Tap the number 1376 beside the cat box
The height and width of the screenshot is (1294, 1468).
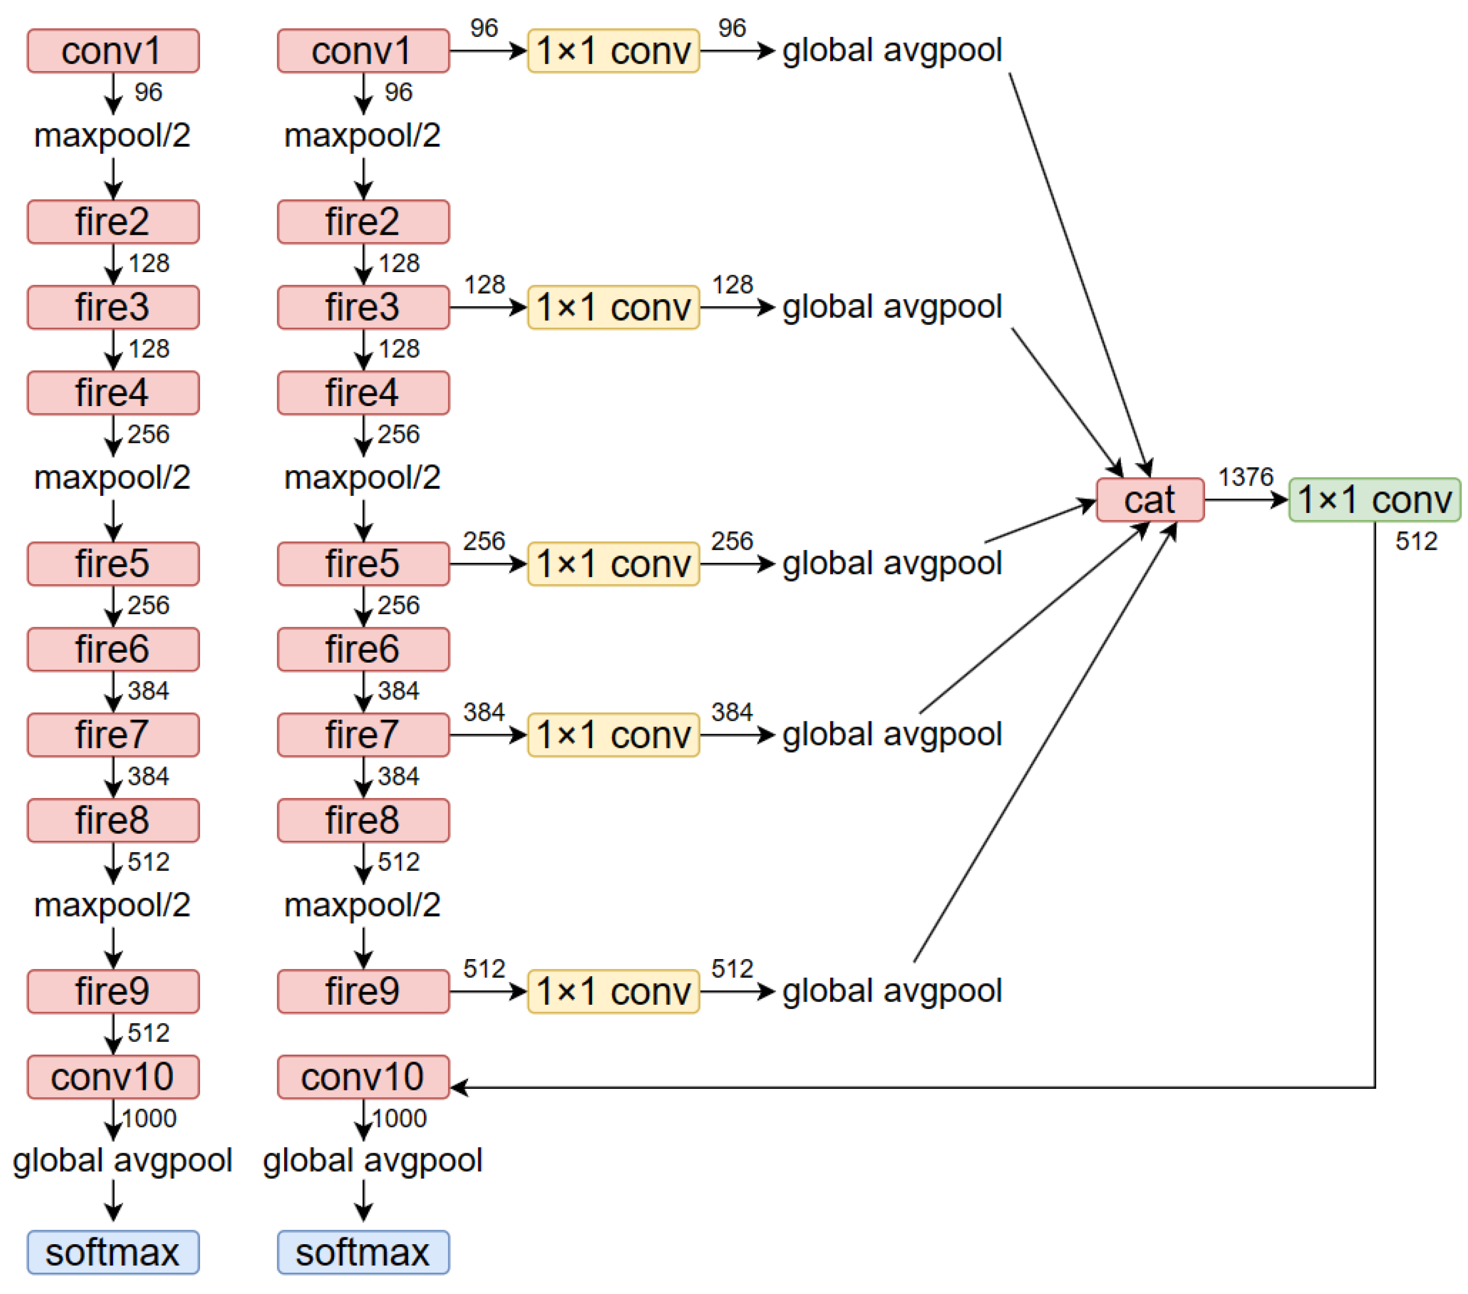point(1245,477)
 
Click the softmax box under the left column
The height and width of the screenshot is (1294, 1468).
point(113,1252)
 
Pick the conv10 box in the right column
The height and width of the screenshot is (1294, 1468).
point(364,1076)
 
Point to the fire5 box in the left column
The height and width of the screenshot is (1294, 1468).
point(113,564)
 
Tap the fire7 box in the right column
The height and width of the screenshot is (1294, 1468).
point(364,735)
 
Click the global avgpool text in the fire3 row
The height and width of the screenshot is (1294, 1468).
point(892,307)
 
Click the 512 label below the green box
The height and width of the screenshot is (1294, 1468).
point(1416,542)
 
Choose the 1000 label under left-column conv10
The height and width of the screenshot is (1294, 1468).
point(149,1118)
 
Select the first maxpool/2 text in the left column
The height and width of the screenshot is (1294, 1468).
point(113,136)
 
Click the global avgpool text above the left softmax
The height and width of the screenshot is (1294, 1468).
point(122,1161)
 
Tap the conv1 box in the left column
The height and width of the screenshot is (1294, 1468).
point(113,51)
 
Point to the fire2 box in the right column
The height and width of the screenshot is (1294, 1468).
point(364,222)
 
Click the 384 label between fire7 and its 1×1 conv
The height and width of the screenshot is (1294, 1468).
point(483,712)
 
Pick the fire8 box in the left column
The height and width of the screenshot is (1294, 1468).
point(113,820)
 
